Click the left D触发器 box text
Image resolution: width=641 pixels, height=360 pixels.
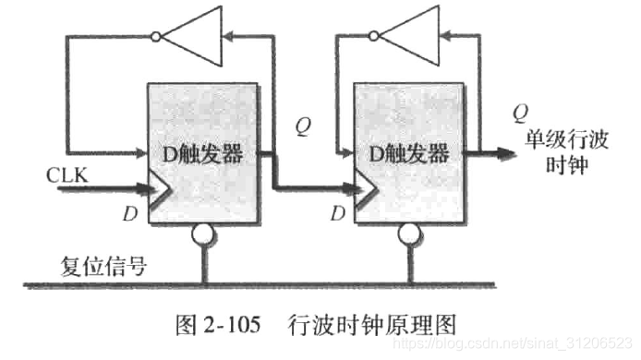coord(203,154)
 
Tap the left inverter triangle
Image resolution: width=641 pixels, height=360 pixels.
coord(191,38)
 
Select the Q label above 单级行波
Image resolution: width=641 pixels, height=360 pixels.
coord(521,114)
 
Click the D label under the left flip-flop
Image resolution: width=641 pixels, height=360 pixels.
coord(130,215)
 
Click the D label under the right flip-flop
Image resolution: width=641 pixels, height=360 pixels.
coord(339,215)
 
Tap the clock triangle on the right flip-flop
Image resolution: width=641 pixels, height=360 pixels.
coord(364,191)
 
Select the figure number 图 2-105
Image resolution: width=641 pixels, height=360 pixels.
coord(218,323)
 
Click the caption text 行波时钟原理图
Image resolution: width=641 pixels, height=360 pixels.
coord(373,323)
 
